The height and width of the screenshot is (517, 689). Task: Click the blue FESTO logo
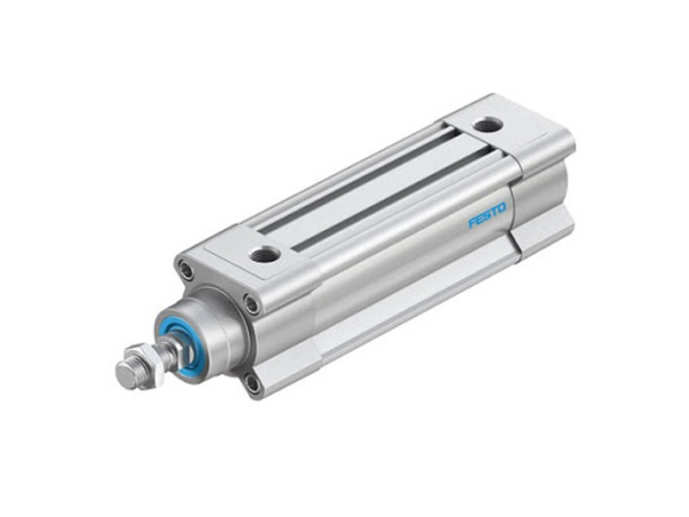pos(487,215)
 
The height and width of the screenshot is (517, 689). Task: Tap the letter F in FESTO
pos(473,223)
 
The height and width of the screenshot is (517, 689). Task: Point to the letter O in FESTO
pos(502,208)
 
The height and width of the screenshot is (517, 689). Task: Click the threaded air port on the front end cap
pos(264,253)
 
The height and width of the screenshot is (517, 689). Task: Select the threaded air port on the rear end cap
pos(487,125)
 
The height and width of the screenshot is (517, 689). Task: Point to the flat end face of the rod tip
pos(126,373)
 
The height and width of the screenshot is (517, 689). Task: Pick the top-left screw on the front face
pos(187,271)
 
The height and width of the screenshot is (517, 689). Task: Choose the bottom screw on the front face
pos(252,383)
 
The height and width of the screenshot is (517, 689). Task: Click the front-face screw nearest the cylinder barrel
pos(251,303)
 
